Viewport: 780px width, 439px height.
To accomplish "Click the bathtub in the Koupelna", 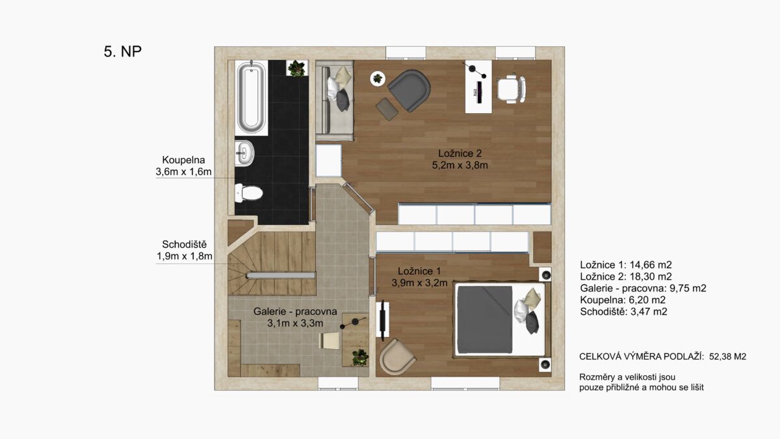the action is (251, 97).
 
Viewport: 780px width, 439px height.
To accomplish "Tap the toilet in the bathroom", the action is (248, 193).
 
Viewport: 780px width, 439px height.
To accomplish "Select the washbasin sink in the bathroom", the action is (244, 153).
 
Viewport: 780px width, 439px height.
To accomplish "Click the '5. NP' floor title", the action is (123, 51).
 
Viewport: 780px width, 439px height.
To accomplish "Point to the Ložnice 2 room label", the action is (460, 153).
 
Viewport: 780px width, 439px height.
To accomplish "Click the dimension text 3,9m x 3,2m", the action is (419, 283).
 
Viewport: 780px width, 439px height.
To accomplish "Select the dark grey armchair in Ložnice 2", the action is (409, 90).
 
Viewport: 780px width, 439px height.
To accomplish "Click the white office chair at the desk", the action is (511, 89).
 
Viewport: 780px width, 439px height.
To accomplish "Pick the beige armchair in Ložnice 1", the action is (397, 356).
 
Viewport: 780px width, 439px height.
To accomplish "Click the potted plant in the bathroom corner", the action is (296, 68).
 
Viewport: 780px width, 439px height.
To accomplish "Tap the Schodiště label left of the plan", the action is (184, 245).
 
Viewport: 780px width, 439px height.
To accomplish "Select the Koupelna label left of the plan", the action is (183, 160).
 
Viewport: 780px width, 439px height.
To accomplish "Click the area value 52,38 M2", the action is (728, 356).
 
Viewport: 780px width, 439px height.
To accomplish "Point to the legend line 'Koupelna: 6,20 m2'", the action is (623, 300).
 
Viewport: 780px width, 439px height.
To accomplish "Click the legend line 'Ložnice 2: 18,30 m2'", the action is (626, 276).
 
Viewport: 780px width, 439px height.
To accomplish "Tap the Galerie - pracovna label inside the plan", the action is (295, 311).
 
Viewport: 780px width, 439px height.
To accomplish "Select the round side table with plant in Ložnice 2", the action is (378, 79).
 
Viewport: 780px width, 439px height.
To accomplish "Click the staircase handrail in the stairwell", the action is (281, 276).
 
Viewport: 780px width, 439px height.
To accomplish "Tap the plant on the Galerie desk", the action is (359, 358).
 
